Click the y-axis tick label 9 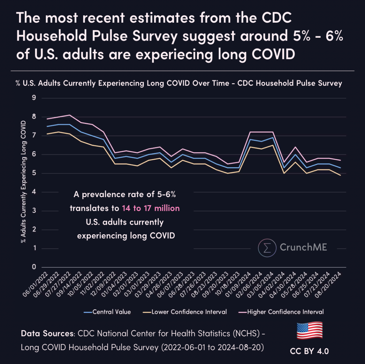pos(34,98)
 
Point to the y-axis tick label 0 pos(34,267)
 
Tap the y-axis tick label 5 pos(34,173)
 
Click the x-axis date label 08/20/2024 pos(328,285)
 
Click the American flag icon pos(310,331)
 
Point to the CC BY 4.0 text pos(309,351)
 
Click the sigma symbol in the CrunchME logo pos(267,248)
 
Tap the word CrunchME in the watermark pos(303,247)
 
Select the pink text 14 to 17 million pos(151,208)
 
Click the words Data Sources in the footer pos(47,334)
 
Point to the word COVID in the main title pos(273,54)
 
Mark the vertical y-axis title pos(23,182)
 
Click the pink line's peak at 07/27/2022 pos(70,115)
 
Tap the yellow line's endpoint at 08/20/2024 pos(340,175)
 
